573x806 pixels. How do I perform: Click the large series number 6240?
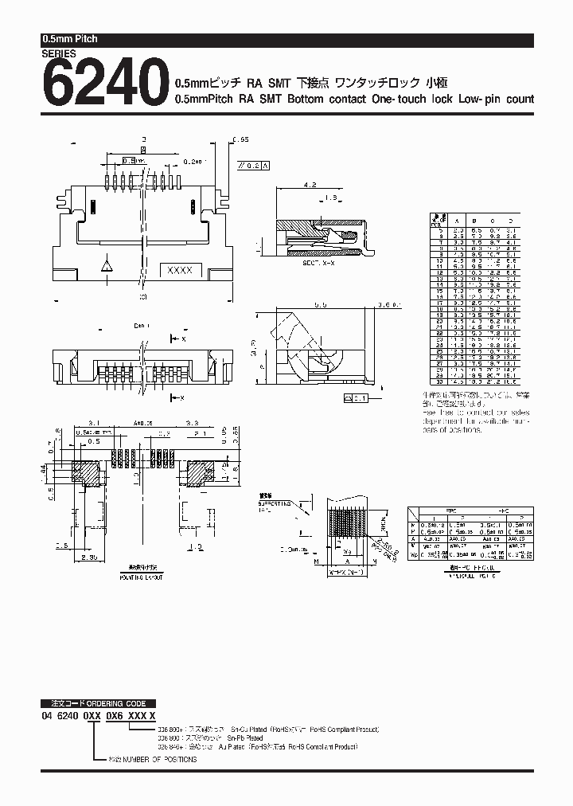[101, 84]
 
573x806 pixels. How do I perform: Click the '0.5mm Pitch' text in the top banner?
[69, 39]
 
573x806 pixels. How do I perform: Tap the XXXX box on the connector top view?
[179, 270]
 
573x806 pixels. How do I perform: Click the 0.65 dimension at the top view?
[240, 139]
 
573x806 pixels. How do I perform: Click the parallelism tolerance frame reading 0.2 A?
[254, 166]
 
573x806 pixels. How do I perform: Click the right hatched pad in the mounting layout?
[200, 474]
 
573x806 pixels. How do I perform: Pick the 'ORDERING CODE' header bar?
[98, 704]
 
